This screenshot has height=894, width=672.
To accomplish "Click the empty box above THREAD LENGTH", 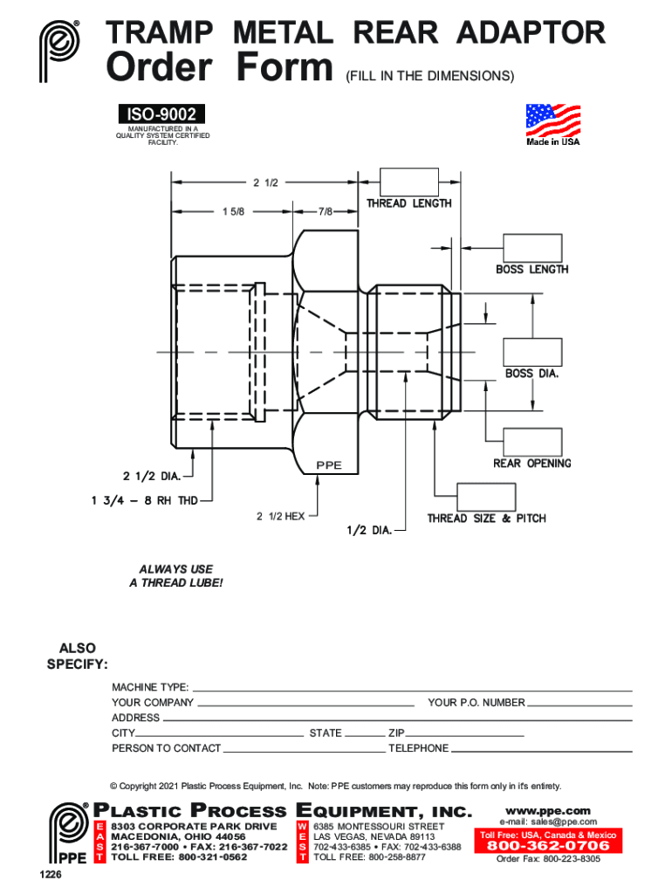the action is [408, 182].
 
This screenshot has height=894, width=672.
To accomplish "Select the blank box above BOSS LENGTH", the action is [532, 248].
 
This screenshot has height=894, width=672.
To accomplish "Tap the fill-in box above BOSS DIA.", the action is [532, 352].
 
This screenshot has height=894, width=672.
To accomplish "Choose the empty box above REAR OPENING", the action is [532, 442].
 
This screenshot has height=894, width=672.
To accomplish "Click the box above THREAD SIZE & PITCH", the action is [486, 497].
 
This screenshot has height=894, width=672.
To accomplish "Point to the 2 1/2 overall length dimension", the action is [265, 182].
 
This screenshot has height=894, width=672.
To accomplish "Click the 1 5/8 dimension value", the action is [233, 211].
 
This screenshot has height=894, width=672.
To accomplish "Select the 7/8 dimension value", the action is [326, 211].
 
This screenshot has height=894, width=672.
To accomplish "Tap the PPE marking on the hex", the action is [329, 465].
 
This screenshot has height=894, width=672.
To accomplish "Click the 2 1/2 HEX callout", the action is [280, 516].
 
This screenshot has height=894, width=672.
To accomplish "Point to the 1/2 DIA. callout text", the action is [369, 530].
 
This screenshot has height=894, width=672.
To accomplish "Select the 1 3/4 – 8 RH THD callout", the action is [145, 500].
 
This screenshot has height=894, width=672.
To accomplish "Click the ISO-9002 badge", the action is [161, 114].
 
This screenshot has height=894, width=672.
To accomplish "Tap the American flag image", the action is [553, 120].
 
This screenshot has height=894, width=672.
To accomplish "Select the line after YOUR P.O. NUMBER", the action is [579, 706].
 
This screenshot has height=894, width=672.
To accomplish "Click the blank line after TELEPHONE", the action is [541, 752].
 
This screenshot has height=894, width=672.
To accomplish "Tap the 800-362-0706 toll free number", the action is [548, 845].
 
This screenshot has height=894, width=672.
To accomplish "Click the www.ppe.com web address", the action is [548, 811].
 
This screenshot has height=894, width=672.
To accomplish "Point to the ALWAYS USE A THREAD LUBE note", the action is [176, 576].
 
